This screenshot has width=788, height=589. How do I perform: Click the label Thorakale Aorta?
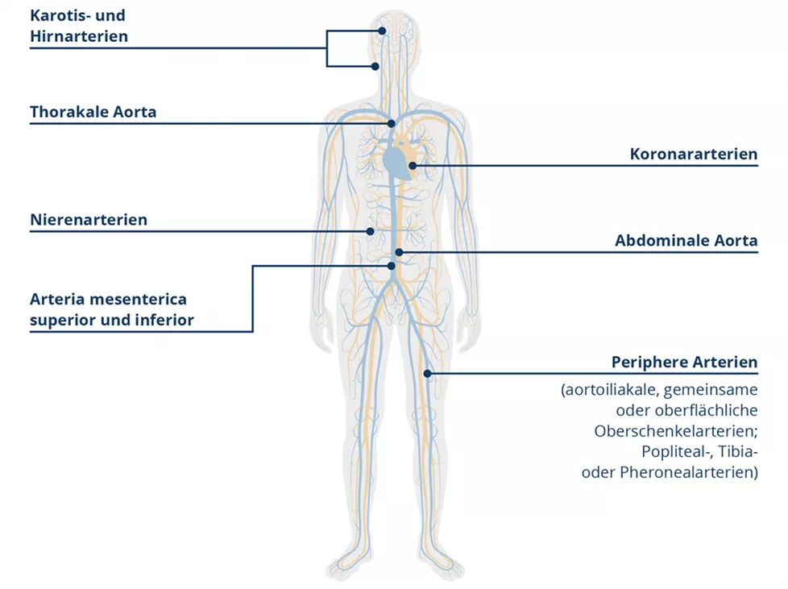click(93, 112)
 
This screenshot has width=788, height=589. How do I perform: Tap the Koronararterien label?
click(695, 154)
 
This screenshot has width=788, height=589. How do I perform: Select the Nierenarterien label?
click(89, 219)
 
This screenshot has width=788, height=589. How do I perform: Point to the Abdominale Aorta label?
click(686, 240)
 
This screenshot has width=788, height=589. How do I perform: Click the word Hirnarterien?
click(79, 36)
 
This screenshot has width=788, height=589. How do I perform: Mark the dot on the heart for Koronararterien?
click(413, 166)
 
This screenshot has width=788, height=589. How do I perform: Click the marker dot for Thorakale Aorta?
click(392, 123)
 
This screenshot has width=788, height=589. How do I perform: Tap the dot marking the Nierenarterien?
click(371, 231)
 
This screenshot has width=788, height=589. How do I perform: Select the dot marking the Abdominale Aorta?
click(399, 252)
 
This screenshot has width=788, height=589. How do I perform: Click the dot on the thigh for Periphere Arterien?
click(428, 373)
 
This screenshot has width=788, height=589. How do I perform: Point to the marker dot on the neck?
click(375, 66)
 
